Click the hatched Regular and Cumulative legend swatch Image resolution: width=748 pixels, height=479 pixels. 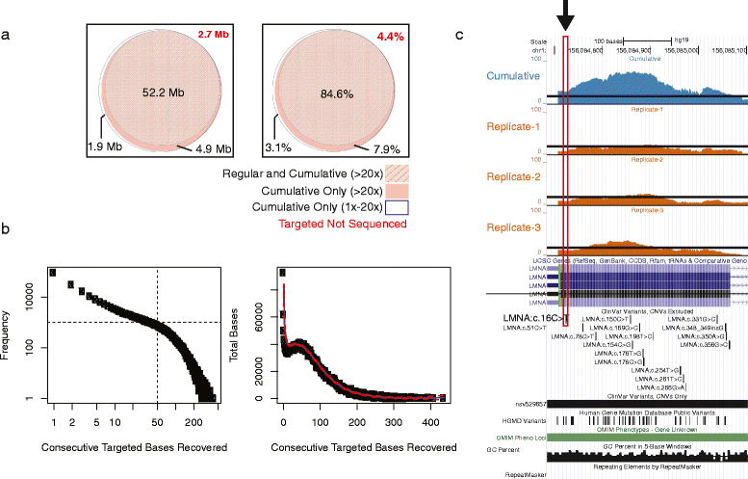point(401,173)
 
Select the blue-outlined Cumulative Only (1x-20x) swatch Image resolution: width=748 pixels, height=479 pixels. point(401,205)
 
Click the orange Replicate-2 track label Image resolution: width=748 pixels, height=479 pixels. point(513,177)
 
